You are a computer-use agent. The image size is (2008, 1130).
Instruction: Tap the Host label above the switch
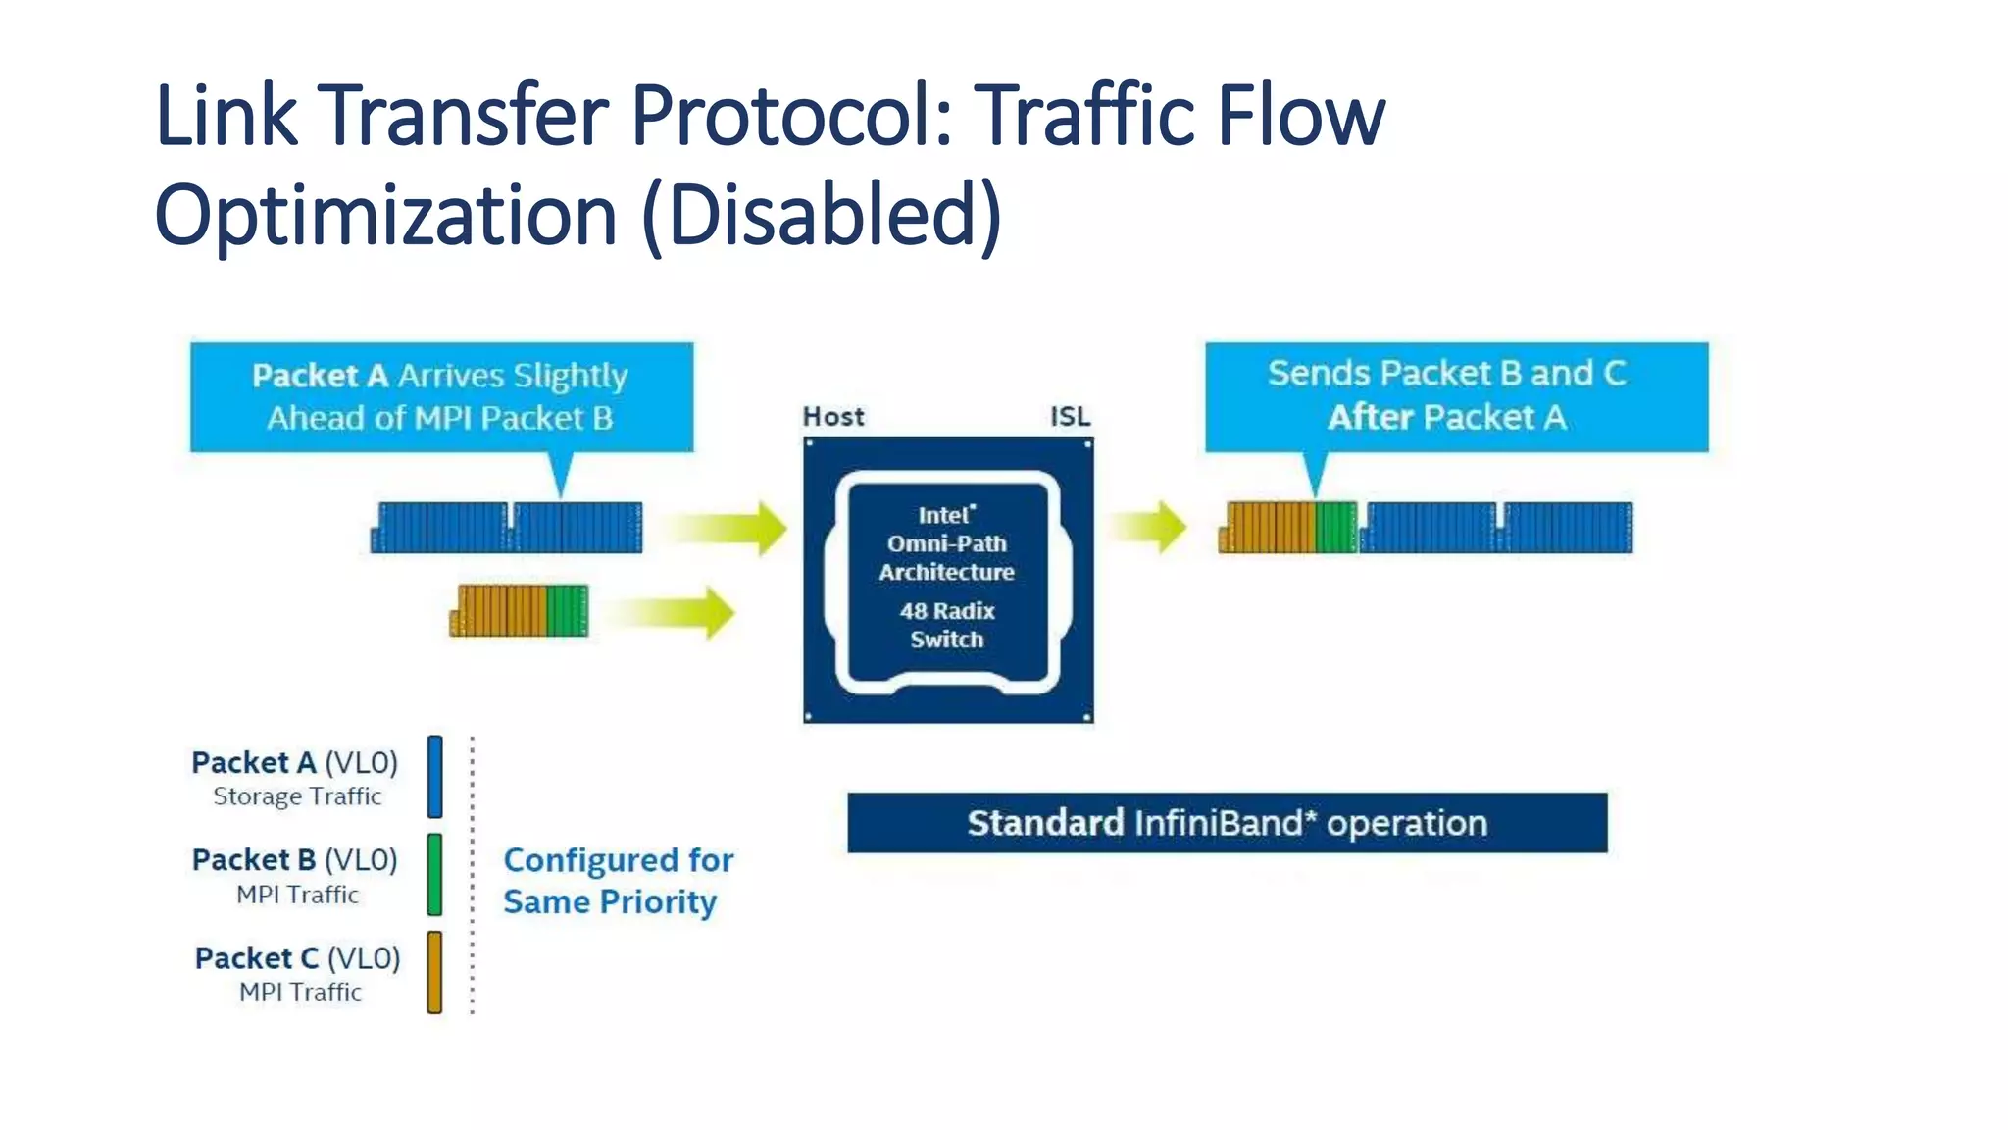[833, 417]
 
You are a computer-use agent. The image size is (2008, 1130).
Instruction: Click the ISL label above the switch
[1070, 417]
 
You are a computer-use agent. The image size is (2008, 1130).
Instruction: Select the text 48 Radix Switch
[947, 625]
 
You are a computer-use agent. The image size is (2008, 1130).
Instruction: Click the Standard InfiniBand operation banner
[1227, 823]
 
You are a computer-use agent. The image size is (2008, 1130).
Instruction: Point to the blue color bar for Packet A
[435, 777]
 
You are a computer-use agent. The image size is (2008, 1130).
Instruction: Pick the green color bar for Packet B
[435, 874]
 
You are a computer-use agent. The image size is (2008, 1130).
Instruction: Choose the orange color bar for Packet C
[435, 972]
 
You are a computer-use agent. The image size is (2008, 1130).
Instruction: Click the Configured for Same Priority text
[618, 881]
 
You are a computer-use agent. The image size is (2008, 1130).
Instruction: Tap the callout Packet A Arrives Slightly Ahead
[441, 397]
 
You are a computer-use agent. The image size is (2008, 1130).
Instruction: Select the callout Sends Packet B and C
[1456, 396]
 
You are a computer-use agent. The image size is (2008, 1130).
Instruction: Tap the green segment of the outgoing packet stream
[1335, 528]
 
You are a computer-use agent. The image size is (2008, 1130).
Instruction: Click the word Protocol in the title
[790, 116]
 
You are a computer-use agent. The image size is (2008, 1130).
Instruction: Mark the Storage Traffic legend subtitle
[297, 796]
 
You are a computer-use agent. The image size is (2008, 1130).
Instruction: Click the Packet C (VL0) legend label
[298, 958]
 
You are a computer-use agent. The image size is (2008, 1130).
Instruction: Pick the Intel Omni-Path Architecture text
[947, 543]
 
